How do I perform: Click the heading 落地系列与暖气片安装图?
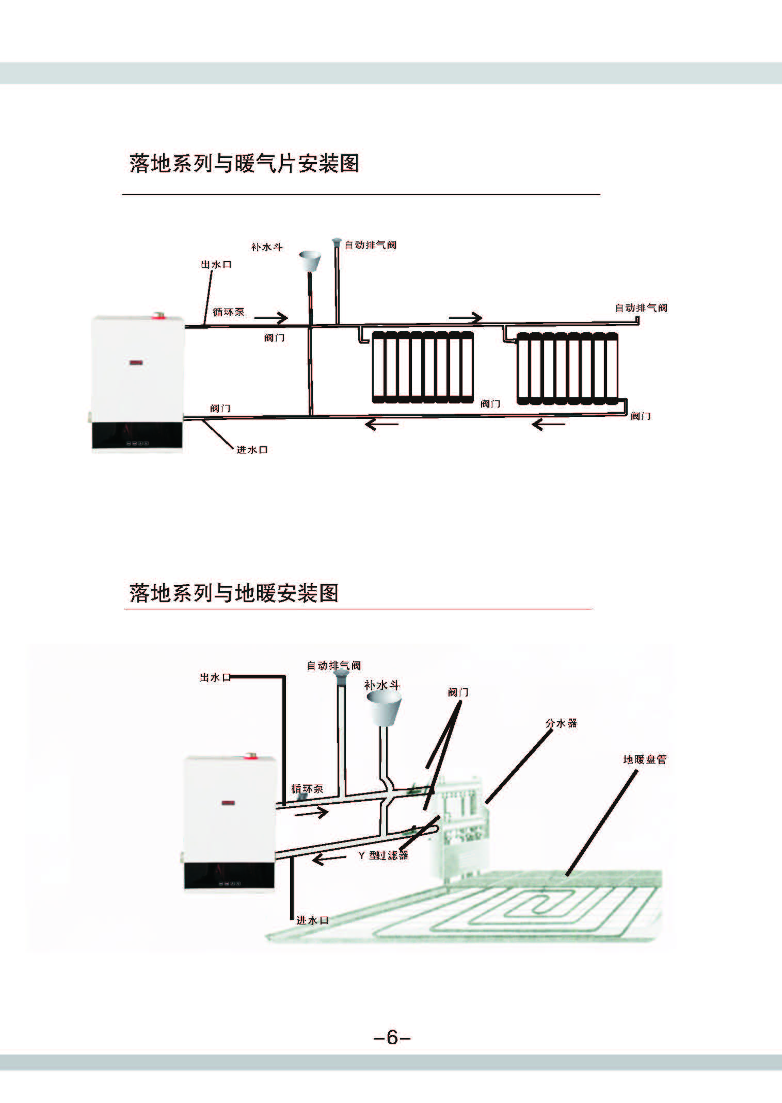pyautogui.click(x=244, y=163)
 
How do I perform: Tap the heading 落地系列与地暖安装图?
pyautogui.click(x=233, y=593)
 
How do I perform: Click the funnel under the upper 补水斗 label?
pyautogui.click(x=310, y=261)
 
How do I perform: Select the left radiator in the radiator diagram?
pyautogui.click(x=422, y=367)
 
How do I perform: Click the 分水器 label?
pyautogui.click(x=561, y=723)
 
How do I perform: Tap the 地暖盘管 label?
pyautogui.click(x=645, y=759)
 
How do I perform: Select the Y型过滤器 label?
pyautogui.click(x=384, y=855)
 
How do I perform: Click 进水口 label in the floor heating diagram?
pyautogui.click(x=312, y=920)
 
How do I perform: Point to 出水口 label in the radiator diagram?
pyautogui.click(x=216, y=265)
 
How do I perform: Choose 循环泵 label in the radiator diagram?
pyautogui.click(x=228, y=312)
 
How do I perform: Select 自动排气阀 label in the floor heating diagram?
pyautogui.click(x=333, y=666)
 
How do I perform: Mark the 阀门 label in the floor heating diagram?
pyautogui.click(x=458, y=692)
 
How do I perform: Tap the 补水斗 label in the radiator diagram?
pyautogui.click(x=266, y=247)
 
